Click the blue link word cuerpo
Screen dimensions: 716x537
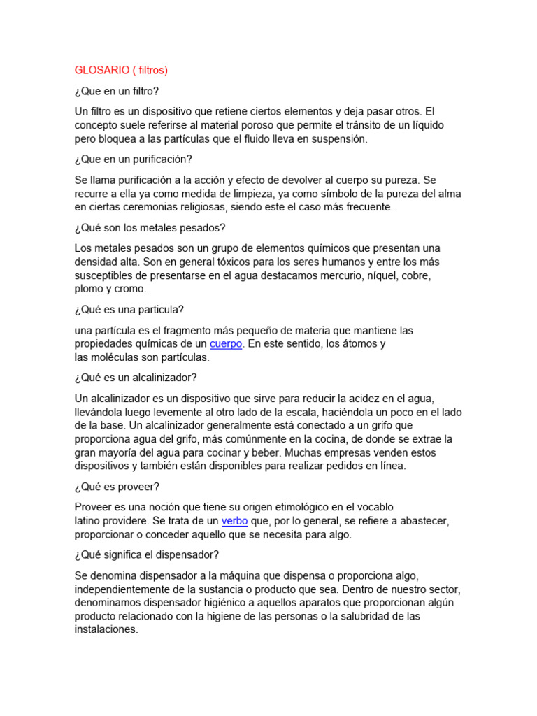[x=226, y=344]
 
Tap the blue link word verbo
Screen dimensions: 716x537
[x=234, y=521]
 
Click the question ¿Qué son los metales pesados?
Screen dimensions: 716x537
[x=150, y=227]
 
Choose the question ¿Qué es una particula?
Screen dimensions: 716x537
[x=129, y=310]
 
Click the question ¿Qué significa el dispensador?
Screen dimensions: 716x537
[x=147, y=554]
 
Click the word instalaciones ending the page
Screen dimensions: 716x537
[x=106, y=629]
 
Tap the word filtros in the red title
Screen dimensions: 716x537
[x=152, y=70]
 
